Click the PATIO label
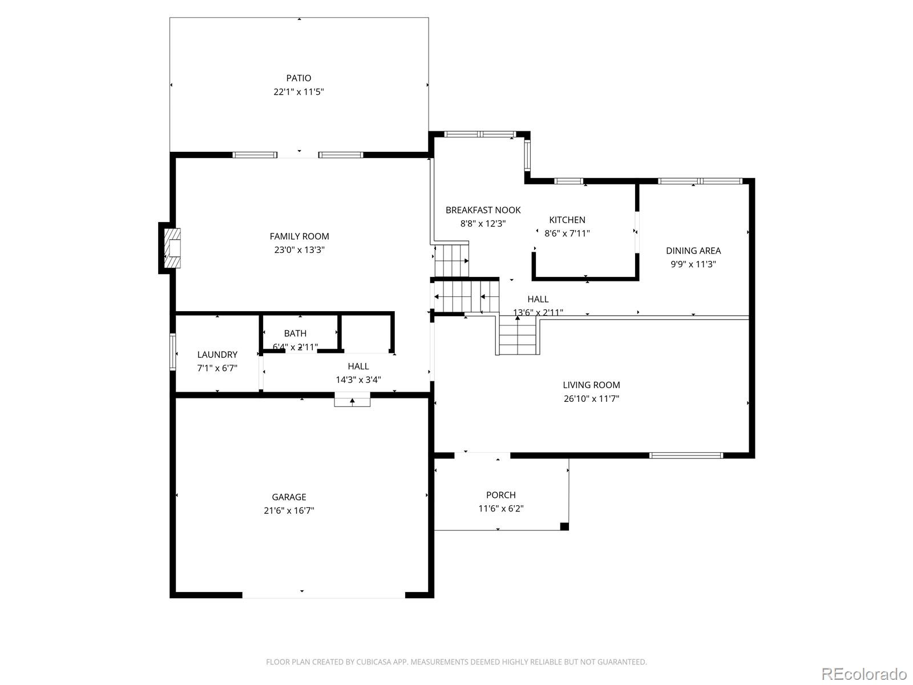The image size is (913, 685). [x=298, y=78]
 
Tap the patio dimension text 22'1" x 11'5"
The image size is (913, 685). [x=298, y=92]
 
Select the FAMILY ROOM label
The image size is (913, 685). [x=299, y=236]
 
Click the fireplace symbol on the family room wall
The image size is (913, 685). [x=172, y=248]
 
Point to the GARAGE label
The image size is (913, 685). [x=289, y=497]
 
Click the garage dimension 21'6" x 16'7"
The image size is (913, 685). [x=289, y=511]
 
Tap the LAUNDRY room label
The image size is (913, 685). [x=217, y=354]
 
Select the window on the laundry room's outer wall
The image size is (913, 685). [x=173, y=352]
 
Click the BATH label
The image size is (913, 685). [x=295, y=333]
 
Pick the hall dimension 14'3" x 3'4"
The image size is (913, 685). [x=358, y=380]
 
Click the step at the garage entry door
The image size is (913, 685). [x=352, y=401]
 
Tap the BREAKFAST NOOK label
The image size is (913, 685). [x=483, y=210]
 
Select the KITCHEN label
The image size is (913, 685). [x=567, y=220]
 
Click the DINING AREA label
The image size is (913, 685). [x=693, y=251]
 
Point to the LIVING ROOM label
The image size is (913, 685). [x=591, y=385]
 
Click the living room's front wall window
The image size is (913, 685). [x=686, y=456]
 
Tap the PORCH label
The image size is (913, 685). [x=500, y=495]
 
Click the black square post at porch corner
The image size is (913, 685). [x=564, y=526]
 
